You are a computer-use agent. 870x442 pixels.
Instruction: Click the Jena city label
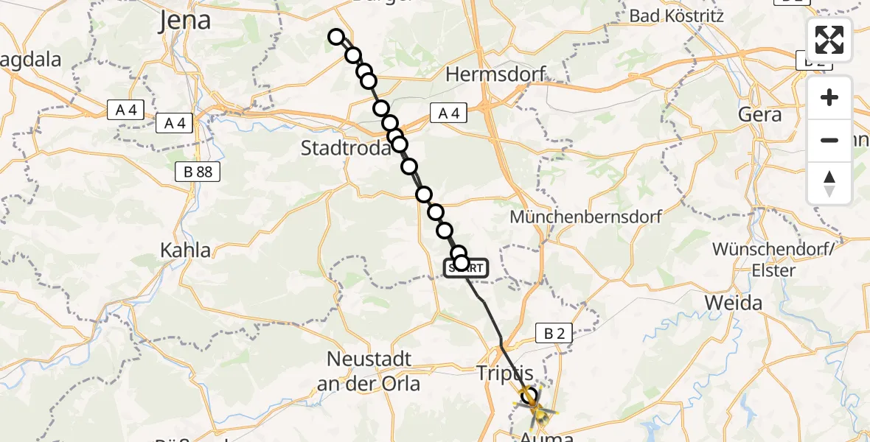pos(185,21)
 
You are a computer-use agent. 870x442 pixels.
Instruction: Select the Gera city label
pos(759,115)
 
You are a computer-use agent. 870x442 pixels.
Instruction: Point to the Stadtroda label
pos(345,148)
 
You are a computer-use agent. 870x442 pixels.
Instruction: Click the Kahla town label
pos(186,250)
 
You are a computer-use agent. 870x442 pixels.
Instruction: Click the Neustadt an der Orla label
pos(368,371)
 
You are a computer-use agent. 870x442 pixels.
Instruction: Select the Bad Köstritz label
pos(677,15)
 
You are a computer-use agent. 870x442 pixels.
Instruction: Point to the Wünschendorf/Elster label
pos(773,259)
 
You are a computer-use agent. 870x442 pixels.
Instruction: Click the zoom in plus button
pos(829,97)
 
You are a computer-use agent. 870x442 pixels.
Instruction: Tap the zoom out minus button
pos(829,140)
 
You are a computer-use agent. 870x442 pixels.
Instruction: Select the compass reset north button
pos(829,183)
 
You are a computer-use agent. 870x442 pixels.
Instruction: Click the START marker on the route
pos(466,269)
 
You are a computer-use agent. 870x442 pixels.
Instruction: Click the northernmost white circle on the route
pos(336,37)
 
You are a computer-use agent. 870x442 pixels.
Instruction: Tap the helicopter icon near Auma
pos(536,406)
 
